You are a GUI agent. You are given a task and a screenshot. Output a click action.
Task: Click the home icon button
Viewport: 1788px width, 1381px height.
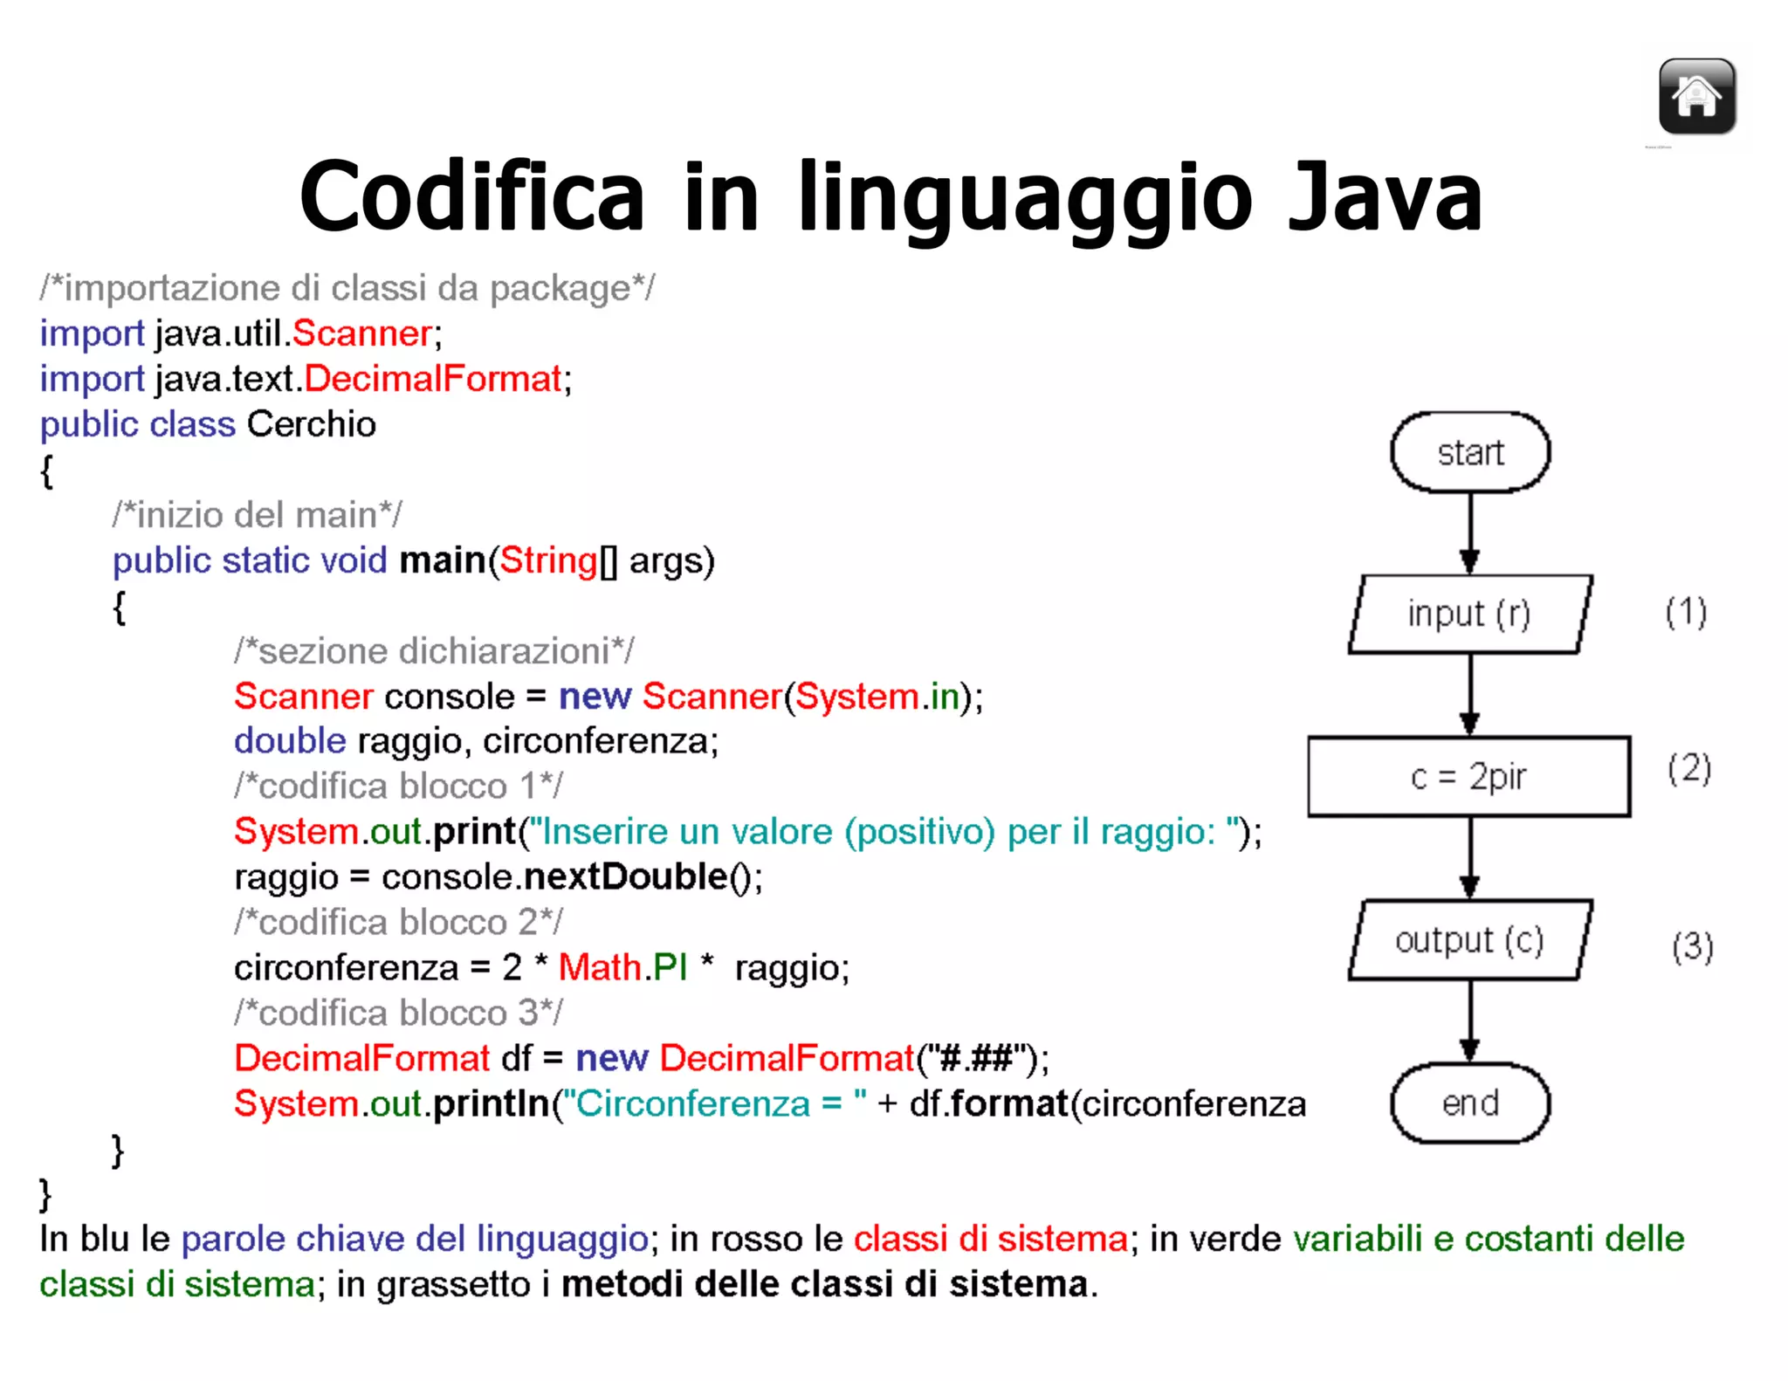point(1696,96)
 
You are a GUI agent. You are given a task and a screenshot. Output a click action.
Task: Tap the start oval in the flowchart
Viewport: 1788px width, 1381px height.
point(1470,452)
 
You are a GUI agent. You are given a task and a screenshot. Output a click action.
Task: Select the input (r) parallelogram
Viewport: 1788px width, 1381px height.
point(1470,614)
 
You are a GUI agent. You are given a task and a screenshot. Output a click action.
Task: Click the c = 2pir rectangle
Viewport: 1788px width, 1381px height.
point(1468,776)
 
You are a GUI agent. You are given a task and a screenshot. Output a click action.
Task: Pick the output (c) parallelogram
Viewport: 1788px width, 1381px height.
point(1470,940)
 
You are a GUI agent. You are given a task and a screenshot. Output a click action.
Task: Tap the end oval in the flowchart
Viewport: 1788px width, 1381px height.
point(1470,1103)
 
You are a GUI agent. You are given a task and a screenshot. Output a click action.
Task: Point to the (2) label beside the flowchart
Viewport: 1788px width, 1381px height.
point(1688,769)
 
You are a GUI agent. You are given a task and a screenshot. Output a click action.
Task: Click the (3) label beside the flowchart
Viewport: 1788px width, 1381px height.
point(1692,946)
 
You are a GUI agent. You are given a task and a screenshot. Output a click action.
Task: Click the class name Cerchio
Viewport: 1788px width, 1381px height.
point(311,424)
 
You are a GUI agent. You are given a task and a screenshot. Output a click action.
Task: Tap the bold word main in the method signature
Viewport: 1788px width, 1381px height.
point(442,560)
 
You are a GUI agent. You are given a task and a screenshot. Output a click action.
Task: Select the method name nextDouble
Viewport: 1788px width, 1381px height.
point(625,876)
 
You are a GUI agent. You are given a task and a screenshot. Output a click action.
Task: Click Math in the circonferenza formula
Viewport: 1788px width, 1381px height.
point(600,967)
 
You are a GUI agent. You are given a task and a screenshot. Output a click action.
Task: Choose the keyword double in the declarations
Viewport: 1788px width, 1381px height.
point(290,741)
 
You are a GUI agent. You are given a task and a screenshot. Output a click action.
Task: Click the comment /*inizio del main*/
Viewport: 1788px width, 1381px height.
point(257,515)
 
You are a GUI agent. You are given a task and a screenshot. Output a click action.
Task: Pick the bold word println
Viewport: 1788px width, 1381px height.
point(491,1103)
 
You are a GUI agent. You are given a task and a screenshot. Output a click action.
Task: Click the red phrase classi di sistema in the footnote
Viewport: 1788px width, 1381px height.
point(990,1239)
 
